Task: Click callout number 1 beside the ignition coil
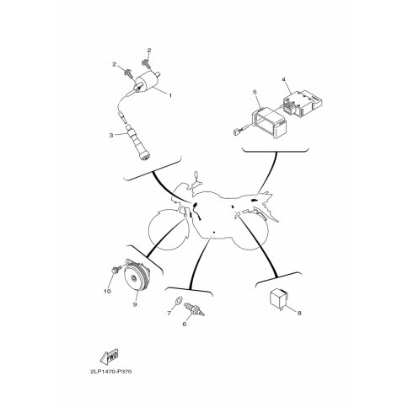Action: tap(170, 95)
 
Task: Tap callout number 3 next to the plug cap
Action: tap(111, 135)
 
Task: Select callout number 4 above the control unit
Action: tap(283, 79)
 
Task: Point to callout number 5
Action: tap(255, 92)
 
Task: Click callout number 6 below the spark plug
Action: tap(185, 324)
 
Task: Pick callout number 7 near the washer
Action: tap(169, 313)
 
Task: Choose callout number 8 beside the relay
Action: tap(299, 313)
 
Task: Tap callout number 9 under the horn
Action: tap(135, 304)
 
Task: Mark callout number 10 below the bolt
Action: tap(107, 292)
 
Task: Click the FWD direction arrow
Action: tap(109, 357)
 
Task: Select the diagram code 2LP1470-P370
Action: tap(111, 372)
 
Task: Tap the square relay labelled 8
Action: tap(278, 298)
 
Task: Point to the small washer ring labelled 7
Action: tap(177, 300)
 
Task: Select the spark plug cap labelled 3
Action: tap(138, 143)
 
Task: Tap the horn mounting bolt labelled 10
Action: tap(115, 270)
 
